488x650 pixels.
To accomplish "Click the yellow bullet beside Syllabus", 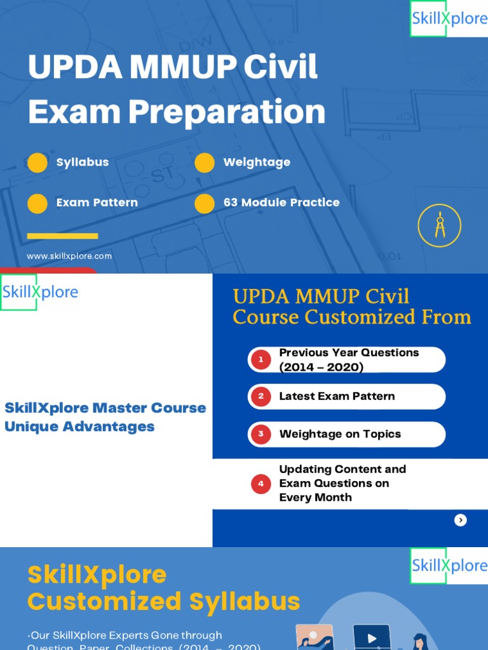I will pos(37,162).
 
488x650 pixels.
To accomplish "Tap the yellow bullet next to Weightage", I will pos(205,162).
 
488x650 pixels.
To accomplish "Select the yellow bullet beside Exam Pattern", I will pos(37,203).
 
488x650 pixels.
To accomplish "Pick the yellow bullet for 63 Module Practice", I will pos(205,203).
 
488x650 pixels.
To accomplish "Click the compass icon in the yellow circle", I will pos(439,225).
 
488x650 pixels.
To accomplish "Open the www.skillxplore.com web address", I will pos(69,256).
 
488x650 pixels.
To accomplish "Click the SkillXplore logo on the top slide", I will pos(449,18).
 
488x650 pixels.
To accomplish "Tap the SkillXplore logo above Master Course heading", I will pos(39,292).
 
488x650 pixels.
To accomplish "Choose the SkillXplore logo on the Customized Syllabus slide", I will pos(449,565).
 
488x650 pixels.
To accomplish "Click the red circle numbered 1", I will pos(261,360).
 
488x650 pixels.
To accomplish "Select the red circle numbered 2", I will pos(261,397).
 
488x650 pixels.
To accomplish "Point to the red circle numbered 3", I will pos(261,435).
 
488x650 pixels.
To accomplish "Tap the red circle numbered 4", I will pos(261,484).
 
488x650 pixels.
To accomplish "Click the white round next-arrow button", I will pos(461,520).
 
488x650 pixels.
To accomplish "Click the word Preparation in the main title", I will pos(227,112).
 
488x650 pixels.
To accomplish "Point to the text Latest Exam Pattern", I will pos(337,396).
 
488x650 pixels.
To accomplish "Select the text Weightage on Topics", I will pos(340,434).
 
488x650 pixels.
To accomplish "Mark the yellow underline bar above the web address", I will pos(62,236).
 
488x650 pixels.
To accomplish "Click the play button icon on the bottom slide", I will pos(372,638).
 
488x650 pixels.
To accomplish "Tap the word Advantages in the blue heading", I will pos(112,427).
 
